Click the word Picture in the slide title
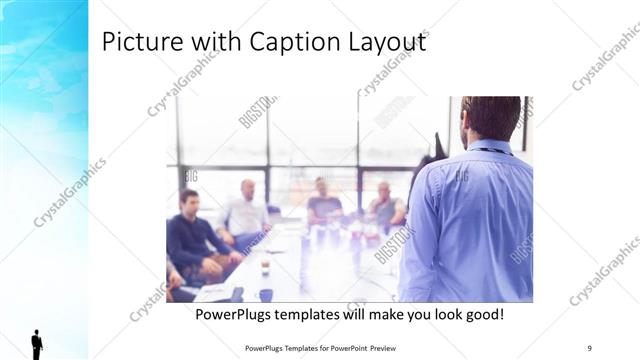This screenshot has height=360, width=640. pyautogui.click(x=135, y=43)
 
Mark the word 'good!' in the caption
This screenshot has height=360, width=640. pyautogui.click(x=480, y=315)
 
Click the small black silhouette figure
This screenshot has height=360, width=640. pyautogui.click(x=37, y=343)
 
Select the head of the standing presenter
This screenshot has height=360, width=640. pyautogui.click(x=491, y=117)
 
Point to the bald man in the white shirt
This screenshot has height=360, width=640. pyautogui.click(x=246, y=211)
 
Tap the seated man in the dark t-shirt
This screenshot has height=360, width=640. pyautogui.click(x=323, y=205)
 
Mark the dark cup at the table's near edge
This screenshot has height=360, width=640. pyautogui.click(x=266, y=295)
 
